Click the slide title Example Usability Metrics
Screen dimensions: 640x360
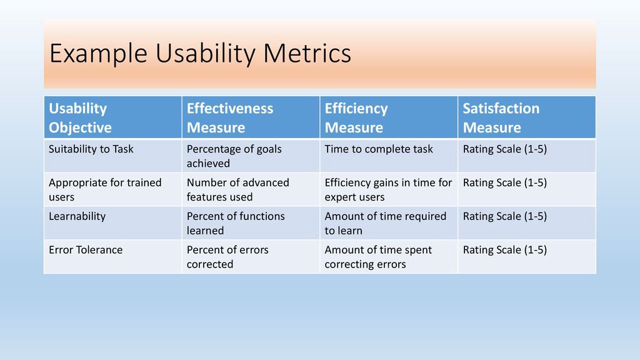(200, 54)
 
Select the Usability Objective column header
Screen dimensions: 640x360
(80, 118)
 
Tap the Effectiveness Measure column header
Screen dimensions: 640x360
(230, 118)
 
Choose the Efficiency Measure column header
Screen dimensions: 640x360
(356, 118)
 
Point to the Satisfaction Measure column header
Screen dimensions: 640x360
(501, 118)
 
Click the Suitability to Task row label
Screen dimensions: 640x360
(91, 149)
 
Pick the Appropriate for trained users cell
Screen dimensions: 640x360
(105, 189)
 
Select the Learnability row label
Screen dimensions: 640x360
(77, 216)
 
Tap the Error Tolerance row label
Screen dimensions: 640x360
(86, 250)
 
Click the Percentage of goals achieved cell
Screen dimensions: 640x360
(234, 156)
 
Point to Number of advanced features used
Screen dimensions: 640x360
(237, 189)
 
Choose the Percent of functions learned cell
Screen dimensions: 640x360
(236, 223)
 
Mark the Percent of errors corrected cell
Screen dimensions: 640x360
(227, 257)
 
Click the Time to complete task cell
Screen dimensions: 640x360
(379, 149)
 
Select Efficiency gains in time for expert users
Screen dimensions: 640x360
(388, 189)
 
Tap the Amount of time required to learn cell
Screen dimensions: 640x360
(385, 223)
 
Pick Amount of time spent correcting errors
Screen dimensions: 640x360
(378, 257)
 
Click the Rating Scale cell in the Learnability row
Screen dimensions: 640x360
(505, 216)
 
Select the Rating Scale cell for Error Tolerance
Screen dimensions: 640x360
(505, 250)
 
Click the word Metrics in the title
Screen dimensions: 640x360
(307, 54)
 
